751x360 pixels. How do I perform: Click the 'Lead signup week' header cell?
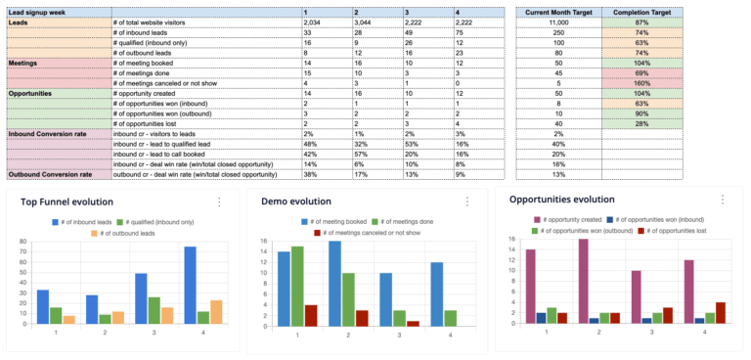39,10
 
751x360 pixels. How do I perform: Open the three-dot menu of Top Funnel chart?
219,202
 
